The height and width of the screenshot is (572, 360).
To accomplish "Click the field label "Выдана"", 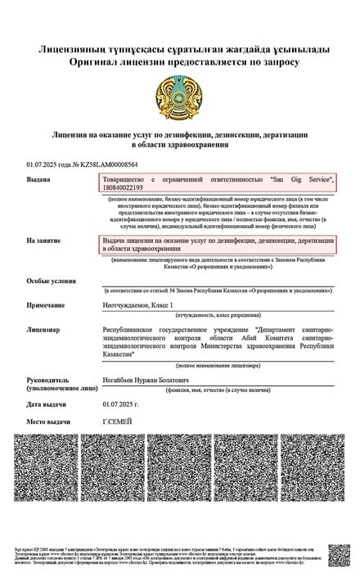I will (x=38, y=178).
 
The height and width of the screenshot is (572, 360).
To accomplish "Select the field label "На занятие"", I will (x=43, y=241).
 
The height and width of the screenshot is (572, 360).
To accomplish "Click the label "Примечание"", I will (x=47, y=304).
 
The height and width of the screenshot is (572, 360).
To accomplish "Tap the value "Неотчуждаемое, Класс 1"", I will (x=138, y=304).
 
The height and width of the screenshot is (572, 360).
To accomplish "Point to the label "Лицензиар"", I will (x=43, y=329).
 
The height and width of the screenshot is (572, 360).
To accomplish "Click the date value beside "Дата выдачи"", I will (x=120, y=403).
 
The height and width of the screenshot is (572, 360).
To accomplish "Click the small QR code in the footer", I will (x=338, y=555).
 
